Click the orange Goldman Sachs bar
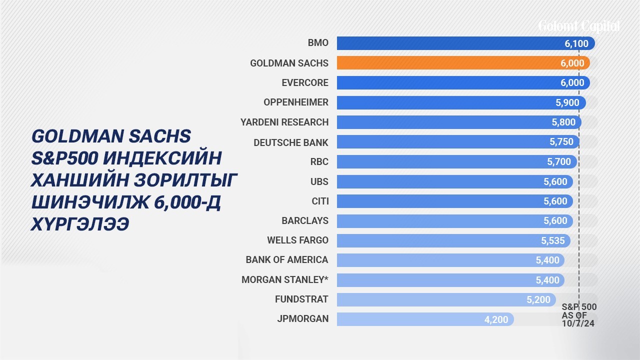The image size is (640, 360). click(x=463, y=63)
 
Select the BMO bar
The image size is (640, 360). click(x=465, y=43)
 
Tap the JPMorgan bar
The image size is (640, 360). click(x=425, y=319)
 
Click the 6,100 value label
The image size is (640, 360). click(x=576, y=43)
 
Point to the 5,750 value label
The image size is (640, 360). click(x=561, y=141)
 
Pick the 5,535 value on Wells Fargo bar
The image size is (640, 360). click(x=553, y=240)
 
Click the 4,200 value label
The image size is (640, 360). click(x=496, y=319)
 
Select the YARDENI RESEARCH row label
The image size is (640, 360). click(x=284, y=122)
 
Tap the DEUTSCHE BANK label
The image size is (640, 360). click(x=291, y=142)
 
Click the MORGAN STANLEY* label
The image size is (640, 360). click(x=285, y=279)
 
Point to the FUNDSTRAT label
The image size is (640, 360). click(x=301, y=299)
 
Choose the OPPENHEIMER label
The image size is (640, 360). click(x=296, y=102)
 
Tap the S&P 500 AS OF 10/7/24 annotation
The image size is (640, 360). click(x=579, y=315)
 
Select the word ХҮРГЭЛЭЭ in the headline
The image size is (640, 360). click(x=80, y=224)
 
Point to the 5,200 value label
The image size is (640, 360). click(x=538, y=299)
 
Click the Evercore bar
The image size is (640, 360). click(x=463, y=82)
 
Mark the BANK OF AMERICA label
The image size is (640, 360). click(x=287, y=259)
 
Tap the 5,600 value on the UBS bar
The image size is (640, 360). click(x=555, y=181)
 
